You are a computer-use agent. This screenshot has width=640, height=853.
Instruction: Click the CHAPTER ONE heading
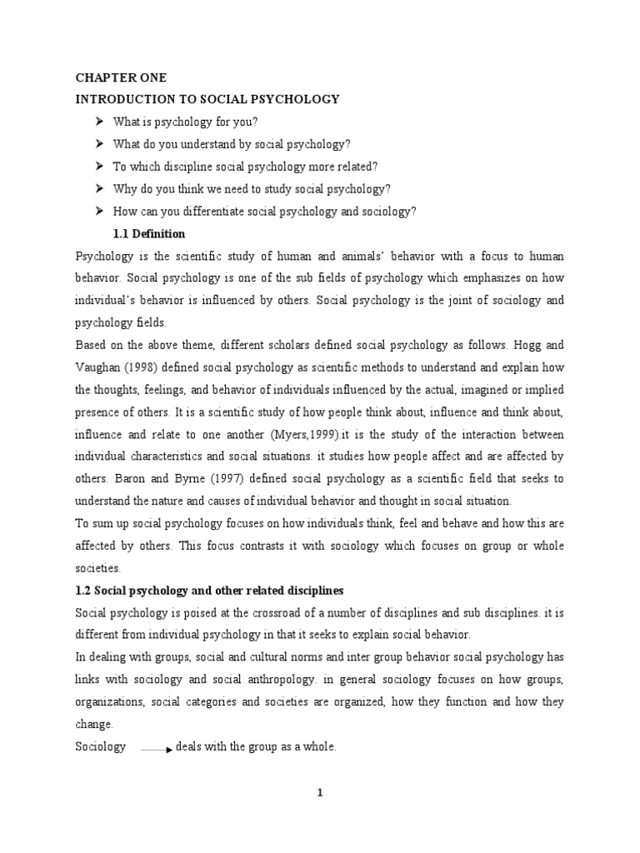(x=121, y=77)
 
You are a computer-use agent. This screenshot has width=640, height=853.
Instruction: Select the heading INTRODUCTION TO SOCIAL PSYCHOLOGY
(x=207, y=99)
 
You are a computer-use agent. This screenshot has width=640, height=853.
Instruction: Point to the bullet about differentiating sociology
(x=263, y=212)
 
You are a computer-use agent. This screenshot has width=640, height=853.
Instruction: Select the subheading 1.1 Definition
(x=148, y=234)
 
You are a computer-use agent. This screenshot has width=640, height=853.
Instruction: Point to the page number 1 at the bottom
(x=319, y=793)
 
